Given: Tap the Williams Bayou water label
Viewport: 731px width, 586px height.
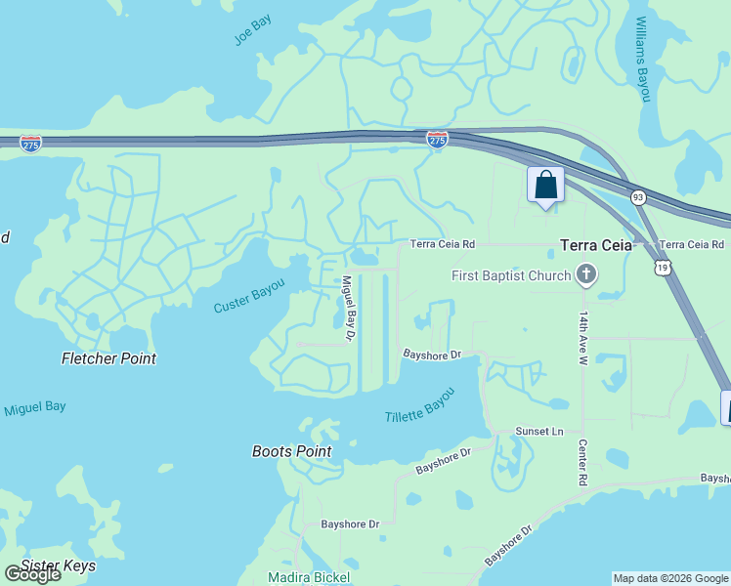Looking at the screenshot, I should [x=642, y=59].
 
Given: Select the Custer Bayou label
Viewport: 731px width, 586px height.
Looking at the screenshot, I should [x=250, y=296].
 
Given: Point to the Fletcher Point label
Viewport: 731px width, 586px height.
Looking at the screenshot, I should [x=108, y=358].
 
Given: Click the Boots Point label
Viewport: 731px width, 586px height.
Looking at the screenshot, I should [x=291, y=451].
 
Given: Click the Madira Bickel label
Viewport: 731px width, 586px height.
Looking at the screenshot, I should [x=309, y=577].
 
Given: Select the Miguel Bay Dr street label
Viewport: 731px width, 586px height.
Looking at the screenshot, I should [x=347, y=308].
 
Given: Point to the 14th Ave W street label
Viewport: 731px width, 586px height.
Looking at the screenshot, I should [x=582, y=339].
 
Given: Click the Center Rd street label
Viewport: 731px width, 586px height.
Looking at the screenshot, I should [x=581, y=463].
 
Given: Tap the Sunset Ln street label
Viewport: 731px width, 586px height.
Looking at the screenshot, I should [x=540, y=431].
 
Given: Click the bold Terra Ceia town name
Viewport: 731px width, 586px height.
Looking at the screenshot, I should [x=596, y=246].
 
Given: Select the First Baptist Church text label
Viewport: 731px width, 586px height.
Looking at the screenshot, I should [x=511, y=275].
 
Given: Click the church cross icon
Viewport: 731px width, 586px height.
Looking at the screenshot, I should [x=586, y=274].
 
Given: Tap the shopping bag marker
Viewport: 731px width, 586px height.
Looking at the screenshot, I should [x=545, y=186].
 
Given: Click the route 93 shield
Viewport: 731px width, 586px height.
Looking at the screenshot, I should [x=638, y=197].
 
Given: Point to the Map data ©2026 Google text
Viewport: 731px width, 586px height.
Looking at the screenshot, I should [x=669, y=578].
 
